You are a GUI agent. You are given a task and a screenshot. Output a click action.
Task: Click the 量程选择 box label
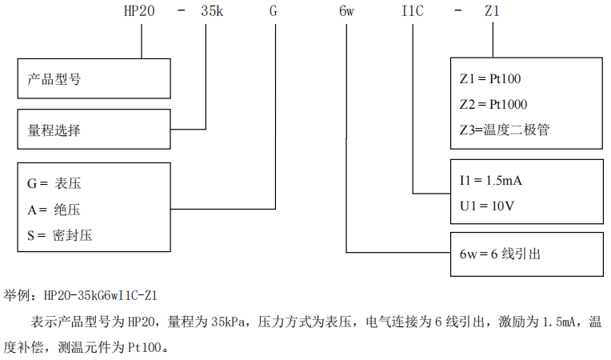point(54,130)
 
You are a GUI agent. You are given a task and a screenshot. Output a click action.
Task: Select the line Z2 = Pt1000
point(493,104)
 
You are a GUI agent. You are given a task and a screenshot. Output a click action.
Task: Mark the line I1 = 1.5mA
point(491,181)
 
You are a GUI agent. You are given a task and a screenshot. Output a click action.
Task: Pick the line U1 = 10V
point(486,206)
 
